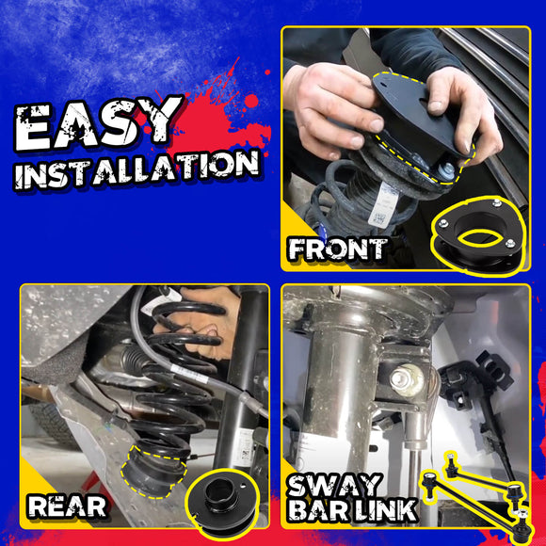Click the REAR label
coord(66,506)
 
